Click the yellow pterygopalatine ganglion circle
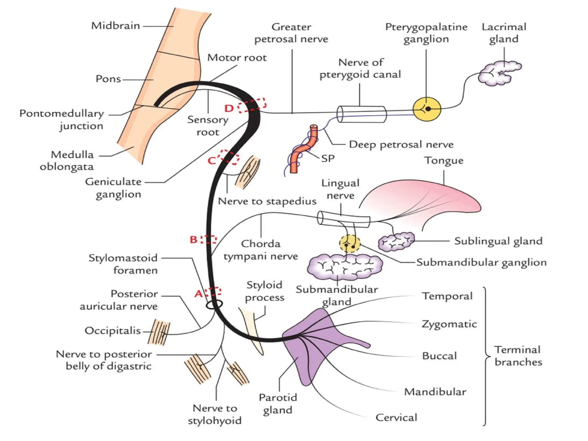[x=427, y=109]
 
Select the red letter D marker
[x=229, y=108]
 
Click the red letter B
[x=194, y=239]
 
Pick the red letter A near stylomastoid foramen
[x=198, y=294]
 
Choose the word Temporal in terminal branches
[x=447, y=296]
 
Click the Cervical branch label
[x=396, y=417]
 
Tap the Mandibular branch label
[x=435, y=392]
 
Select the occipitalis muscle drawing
[x=158, y=332]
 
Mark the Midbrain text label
[x=115, y=26]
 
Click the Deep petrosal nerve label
[x=401, y=144]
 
